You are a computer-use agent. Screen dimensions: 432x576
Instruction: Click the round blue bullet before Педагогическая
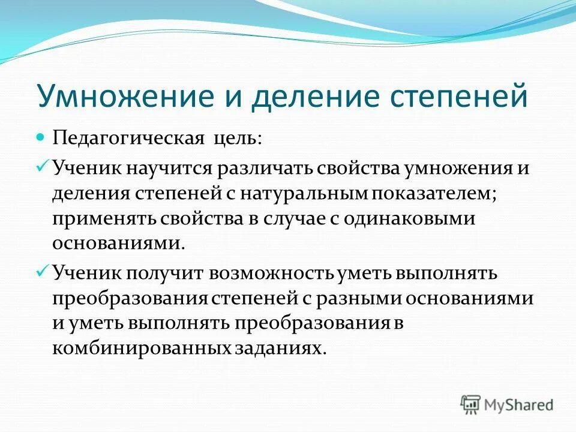41,137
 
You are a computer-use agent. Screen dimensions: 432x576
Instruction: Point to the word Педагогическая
130,139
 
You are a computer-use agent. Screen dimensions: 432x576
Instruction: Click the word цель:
238,139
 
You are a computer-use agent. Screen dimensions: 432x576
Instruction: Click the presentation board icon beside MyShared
470,404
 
